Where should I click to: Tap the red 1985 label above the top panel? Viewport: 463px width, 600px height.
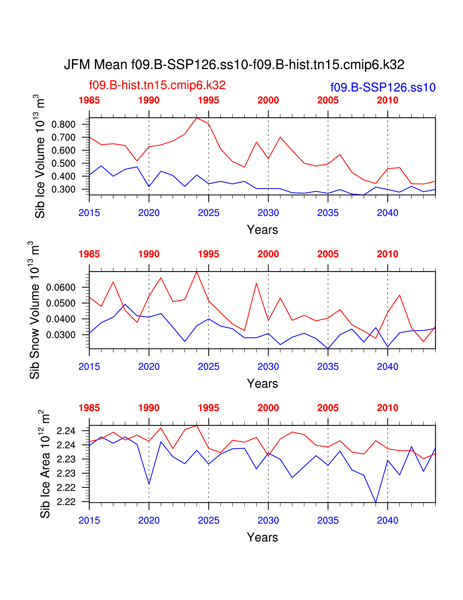(x=89, y=100)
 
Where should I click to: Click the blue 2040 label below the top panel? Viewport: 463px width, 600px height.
(x=387, y=213)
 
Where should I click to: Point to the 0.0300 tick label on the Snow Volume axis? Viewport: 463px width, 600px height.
(x=61, y=335)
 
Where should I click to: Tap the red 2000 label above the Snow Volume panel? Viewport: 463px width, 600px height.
(x=268, y=254)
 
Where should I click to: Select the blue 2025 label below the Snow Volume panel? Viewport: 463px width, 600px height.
(x=208, y=367)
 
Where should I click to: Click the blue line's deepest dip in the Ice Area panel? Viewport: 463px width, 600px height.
(x=375, y=502)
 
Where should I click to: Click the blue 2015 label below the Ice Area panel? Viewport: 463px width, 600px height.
(x=89, y=521)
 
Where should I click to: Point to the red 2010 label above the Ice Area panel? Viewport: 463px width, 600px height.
(x=387, y=408)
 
